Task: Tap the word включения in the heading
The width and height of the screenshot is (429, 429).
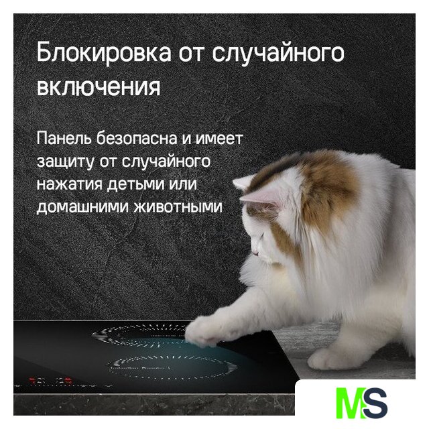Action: point(99,87)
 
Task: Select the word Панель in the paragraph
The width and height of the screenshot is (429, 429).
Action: point(64,138)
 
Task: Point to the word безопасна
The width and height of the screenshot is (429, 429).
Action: point(137,138)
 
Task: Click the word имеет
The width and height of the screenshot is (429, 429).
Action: point(219,139)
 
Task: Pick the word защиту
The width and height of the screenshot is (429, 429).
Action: point(65,162)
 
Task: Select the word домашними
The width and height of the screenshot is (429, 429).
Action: point(82,207)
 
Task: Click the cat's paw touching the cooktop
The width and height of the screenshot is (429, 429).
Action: point(202,332)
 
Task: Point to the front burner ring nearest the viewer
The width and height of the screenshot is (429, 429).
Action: point(172,367)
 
